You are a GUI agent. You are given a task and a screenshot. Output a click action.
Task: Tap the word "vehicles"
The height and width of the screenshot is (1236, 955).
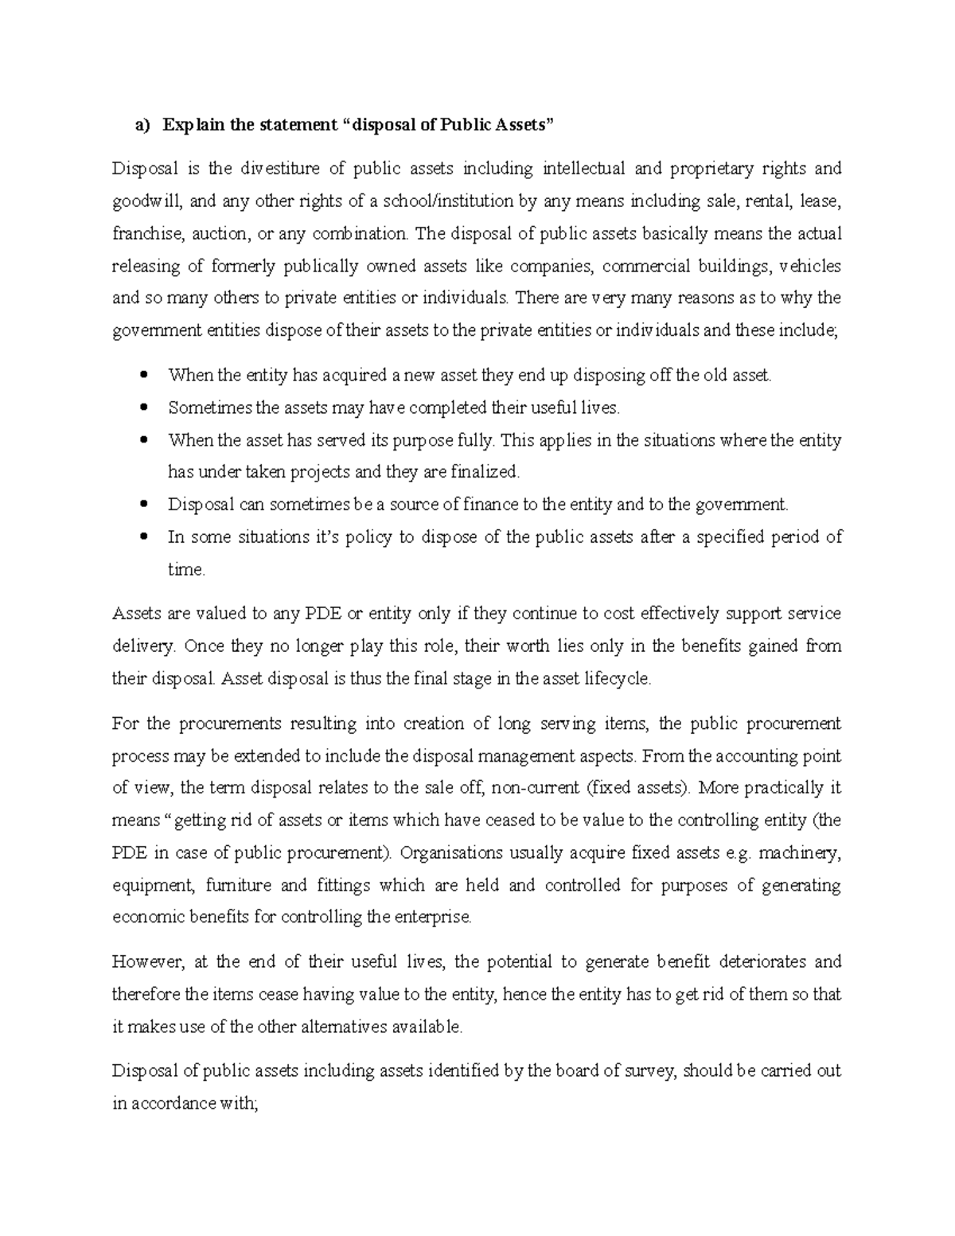pyautogui.click(x=810, y=266)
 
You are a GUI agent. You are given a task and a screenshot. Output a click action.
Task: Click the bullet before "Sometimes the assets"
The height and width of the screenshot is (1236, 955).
pyautogui.click(x=144, y=408)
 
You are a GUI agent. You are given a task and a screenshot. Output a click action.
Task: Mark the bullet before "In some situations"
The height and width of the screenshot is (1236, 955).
pyautogui.click(x=144, y=537)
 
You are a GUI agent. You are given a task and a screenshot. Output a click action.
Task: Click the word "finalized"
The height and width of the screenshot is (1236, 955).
pyautogui.click(x=485, y=472)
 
